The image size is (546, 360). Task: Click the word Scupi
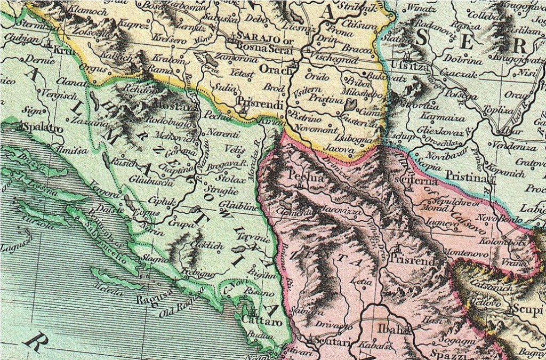tap(524, 310)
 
